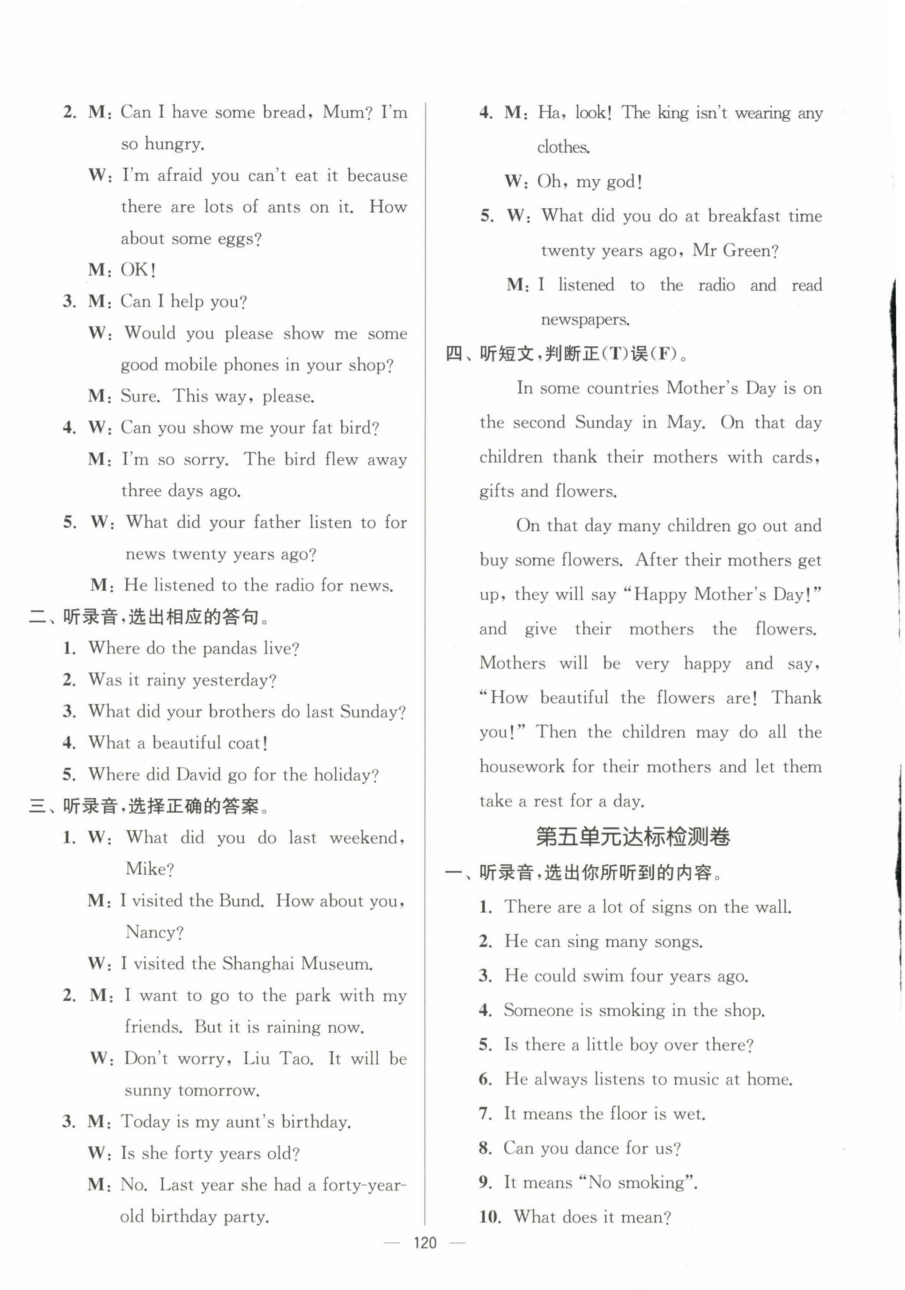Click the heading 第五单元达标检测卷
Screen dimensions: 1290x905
coord(633,837)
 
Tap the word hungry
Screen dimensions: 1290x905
coord(174,144)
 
